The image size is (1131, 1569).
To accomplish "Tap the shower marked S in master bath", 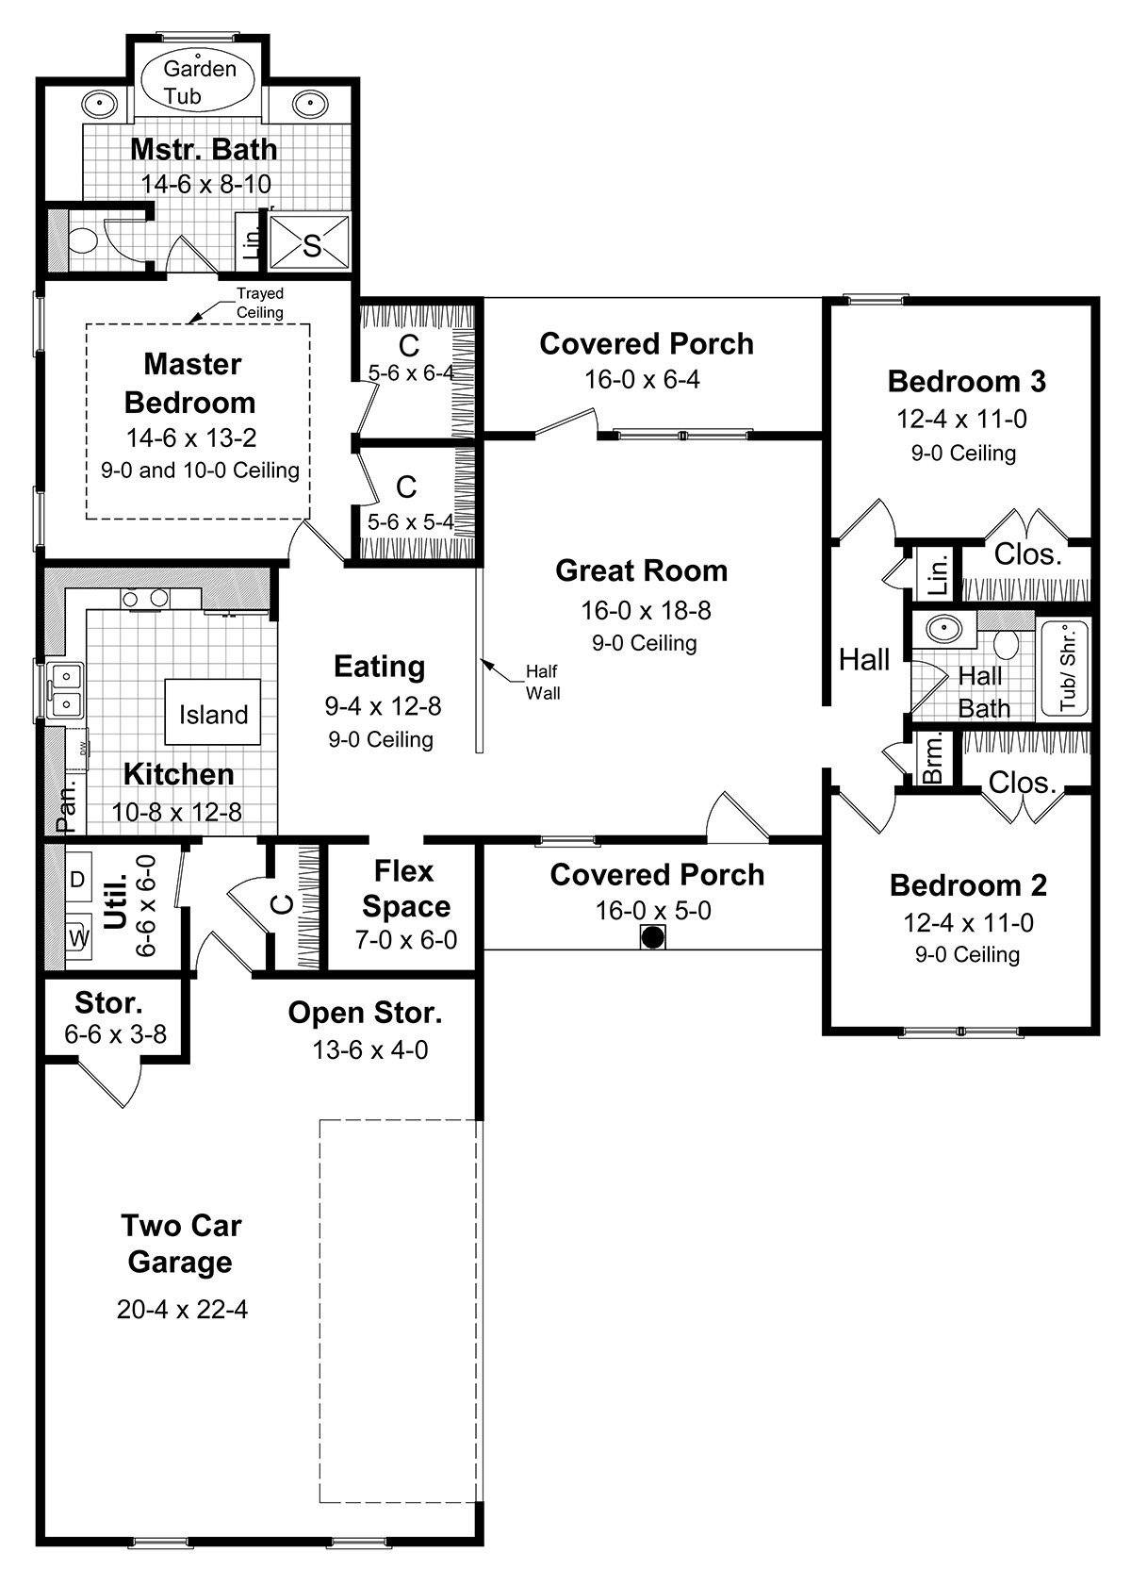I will click(310, 245).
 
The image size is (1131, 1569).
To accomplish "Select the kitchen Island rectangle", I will click(213, 714).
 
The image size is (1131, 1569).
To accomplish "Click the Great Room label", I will click(641, 570).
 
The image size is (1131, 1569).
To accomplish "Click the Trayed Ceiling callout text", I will click(259, 303).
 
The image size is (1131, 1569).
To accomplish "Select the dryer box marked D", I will click(77, 879).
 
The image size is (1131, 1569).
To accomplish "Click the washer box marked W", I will click(78, 938).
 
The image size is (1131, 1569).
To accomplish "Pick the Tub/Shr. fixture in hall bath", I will click(1066, 669).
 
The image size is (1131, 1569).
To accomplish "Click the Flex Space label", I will click(406, 888).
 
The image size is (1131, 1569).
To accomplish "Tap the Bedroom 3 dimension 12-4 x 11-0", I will click(961, 419).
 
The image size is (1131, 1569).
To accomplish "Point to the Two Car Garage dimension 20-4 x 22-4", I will click(182, 1309).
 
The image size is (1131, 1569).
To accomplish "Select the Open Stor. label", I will click(365, 1013).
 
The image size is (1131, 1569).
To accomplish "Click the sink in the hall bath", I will click(941, 629).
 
